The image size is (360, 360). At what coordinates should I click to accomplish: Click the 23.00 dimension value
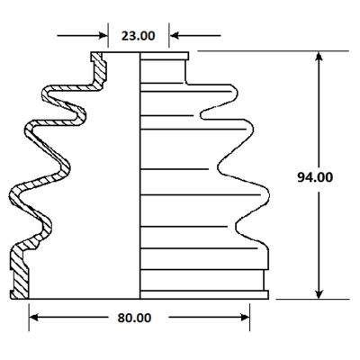(x=139, y=36)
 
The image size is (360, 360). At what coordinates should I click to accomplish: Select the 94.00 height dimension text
(x=315, y=177)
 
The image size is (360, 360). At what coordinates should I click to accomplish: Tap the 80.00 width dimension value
(x=134, y=318)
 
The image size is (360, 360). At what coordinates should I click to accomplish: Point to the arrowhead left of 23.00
(x=103, y=36)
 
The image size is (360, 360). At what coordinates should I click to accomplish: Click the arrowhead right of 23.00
(x=174, y=36)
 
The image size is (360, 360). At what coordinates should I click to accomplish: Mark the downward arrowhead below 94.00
(x=319, y=294)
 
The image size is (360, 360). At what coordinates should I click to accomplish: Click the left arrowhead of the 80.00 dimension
(x=33, y=318)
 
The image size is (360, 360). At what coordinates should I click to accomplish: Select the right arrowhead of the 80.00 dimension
(x=245, y=318)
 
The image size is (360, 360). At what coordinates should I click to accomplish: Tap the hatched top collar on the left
(x=99, y=68)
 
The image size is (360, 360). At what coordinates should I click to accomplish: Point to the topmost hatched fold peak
(x=47, y=94)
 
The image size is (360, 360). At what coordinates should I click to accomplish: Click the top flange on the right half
(x=165, y=56)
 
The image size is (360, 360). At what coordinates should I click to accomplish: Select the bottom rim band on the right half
(x=204, y=294)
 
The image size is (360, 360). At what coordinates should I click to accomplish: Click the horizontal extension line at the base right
(x=312, y=299)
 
